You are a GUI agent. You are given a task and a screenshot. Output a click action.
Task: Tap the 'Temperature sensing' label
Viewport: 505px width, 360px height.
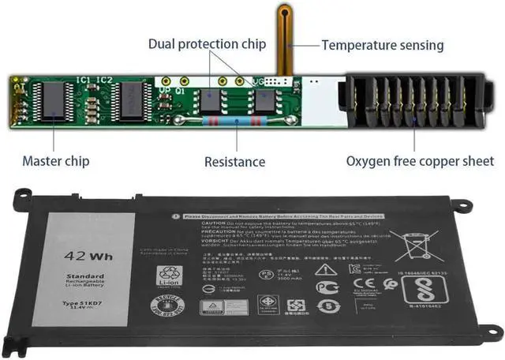point(382,45)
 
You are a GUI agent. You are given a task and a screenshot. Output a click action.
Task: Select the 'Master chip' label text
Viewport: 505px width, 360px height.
point(55,161)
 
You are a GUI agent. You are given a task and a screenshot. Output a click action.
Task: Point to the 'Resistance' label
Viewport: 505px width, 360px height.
point(234,162)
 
